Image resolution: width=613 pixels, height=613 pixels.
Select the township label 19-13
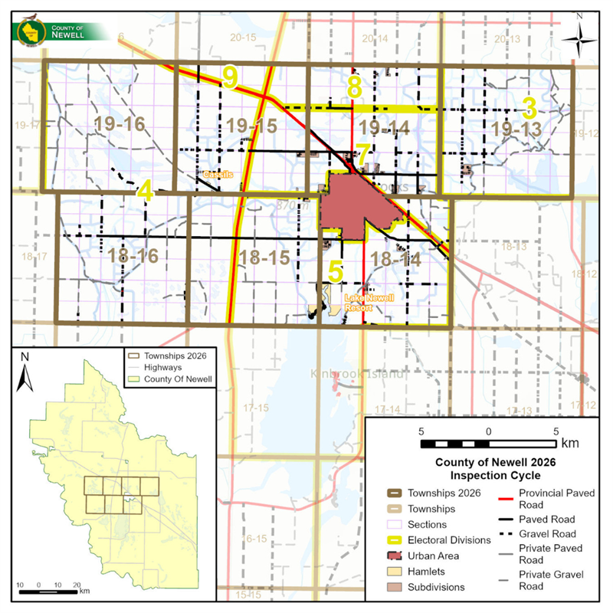tap(517, 129)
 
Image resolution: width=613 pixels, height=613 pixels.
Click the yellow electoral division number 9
tap(229, 76)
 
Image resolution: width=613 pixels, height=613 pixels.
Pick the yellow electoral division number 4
tap(144, 191)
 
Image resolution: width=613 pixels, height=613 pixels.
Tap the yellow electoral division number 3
tap(529, 106)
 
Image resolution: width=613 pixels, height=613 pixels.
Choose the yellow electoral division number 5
tap(334, 271)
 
